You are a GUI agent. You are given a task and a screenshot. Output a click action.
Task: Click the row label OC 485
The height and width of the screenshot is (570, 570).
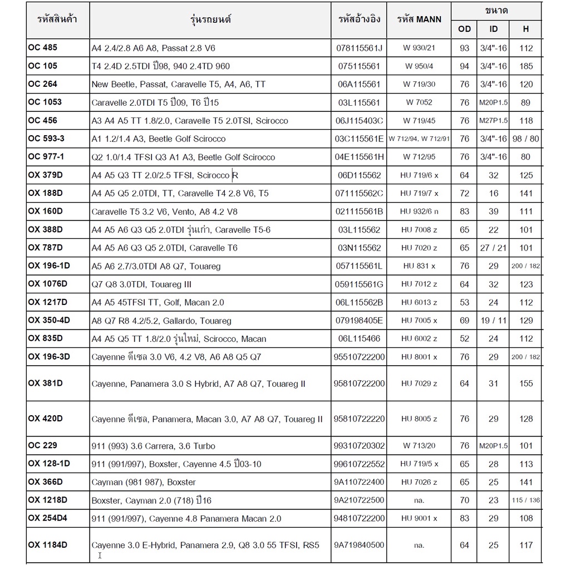42,47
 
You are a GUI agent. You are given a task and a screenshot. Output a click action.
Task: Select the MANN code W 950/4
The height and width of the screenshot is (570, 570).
419,66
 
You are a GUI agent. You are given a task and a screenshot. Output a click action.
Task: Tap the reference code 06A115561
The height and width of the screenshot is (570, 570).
358,85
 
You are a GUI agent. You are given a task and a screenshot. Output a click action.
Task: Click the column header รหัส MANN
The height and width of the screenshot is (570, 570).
419,19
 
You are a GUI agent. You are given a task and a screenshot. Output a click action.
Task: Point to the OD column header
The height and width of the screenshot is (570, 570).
464,28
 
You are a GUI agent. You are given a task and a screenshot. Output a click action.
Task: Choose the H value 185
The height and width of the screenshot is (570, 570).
526,66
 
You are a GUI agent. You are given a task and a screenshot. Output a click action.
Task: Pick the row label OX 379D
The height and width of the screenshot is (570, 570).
45,175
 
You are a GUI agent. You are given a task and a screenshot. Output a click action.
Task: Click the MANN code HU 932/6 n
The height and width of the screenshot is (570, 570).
419,212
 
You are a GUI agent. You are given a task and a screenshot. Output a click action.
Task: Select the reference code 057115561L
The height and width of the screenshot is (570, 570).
360,266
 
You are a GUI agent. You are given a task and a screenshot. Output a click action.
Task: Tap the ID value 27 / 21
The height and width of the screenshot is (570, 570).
493,248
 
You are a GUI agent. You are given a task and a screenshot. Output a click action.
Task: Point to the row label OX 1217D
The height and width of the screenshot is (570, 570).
47,302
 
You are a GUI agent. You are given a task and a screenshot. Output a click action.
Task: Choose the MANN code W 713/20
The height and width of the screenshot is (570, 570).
419,446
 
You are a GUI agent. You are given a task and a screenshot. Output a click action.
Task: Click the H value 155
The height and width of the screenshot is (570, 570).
526,384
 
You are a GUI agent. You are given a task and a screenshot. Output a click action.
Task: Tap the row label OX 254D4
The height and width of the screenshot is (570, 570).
48,518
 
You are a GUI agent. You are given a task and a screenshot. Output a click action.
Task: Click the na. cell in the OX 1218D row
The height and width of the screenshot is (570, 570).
419,500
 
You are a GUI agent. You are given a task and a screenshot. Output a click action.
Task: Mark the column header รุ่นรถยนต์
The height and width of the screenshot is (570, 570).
210,19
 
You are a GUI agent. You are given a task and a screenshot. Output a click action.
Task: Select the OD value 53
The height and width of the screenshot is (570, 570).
464,302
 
